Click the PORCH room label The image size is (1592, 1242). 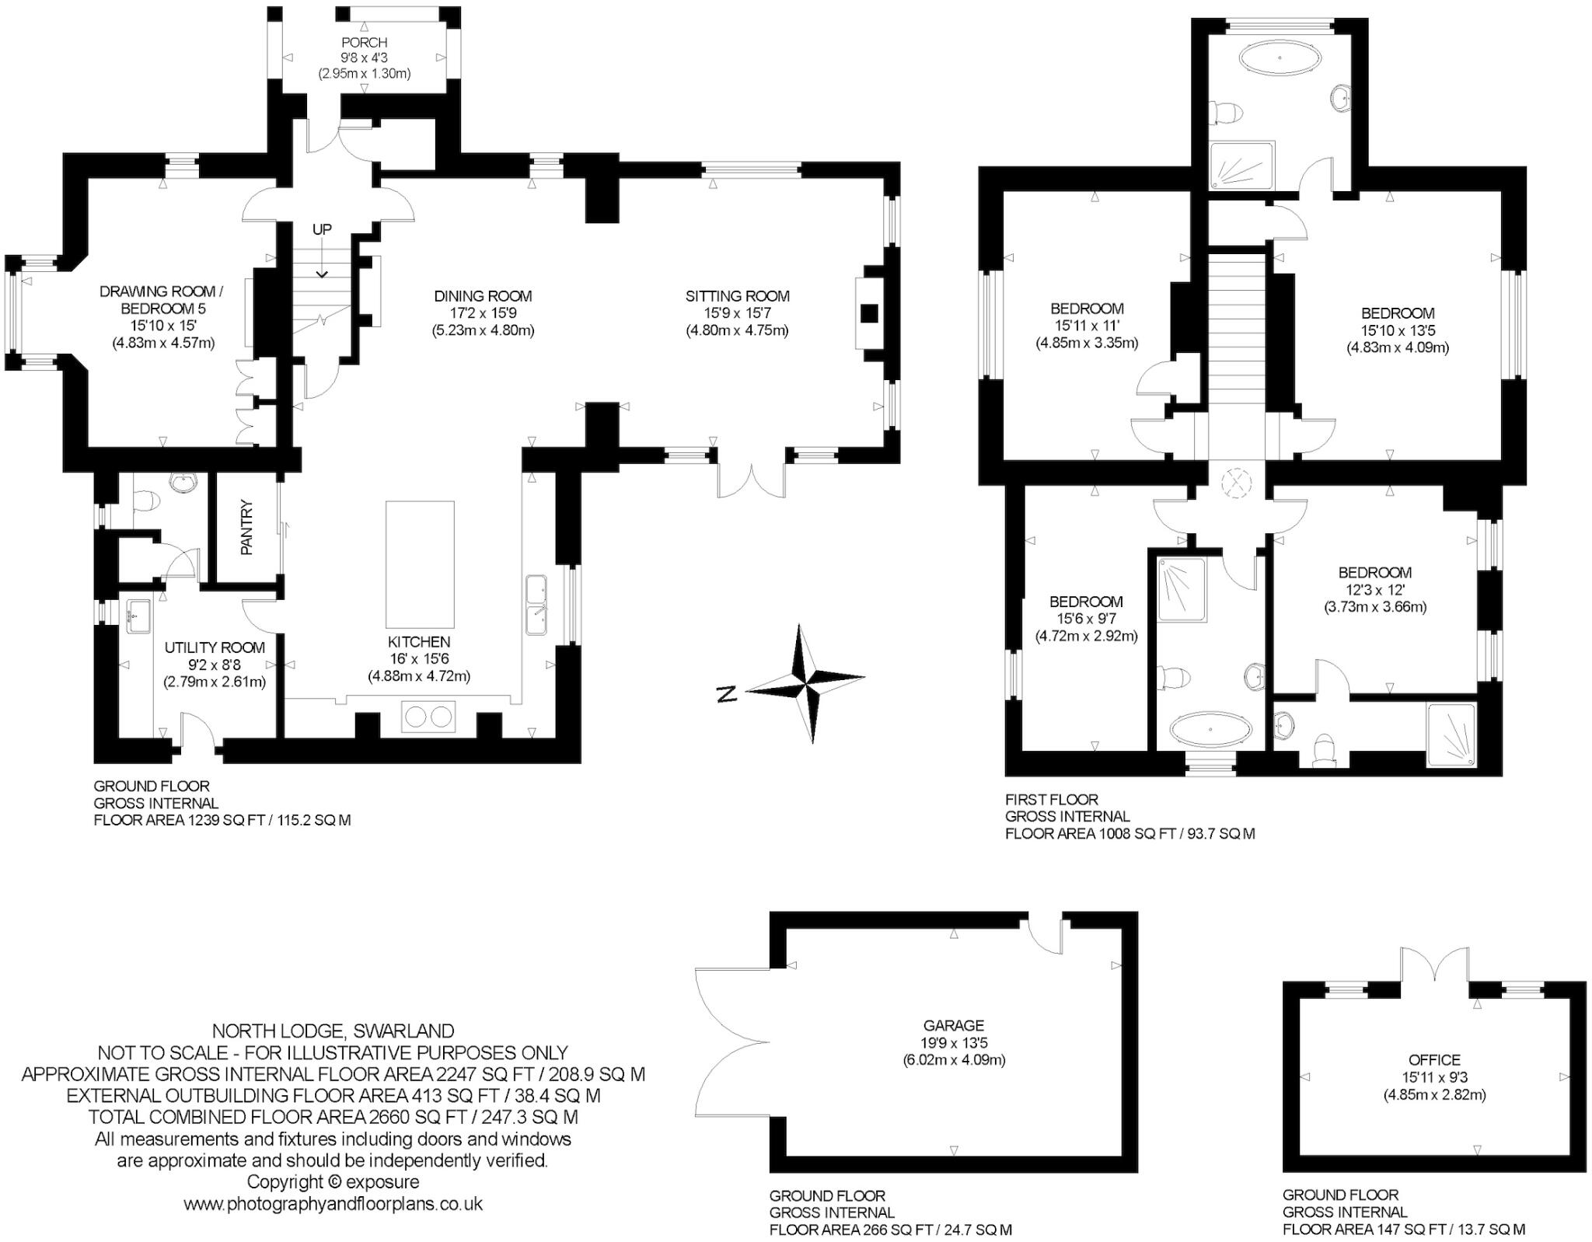(x=364, y=43)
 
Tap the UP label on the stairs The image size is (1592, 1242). (x=322, y=229)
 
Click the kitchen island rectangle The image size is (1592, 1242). (x=420, y=564)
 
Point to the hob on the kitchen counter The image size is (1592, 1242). (x=428, y=716)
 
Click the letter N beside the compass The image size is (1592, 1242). (x=726, y=694)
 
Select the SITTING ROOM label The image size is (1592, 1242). (x=737, y=296)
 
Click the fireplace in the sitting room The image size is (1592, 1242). (x=869, y=314)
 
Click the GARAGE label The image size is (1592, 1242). (x=954, y=1026)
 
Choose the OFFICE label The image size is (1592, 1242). (x=1434, y=1060)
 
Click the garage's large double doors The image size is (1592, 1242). (x=727, y=1041)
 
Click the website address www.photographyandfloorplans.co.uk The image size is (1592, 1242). (x=333, y=1204)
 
